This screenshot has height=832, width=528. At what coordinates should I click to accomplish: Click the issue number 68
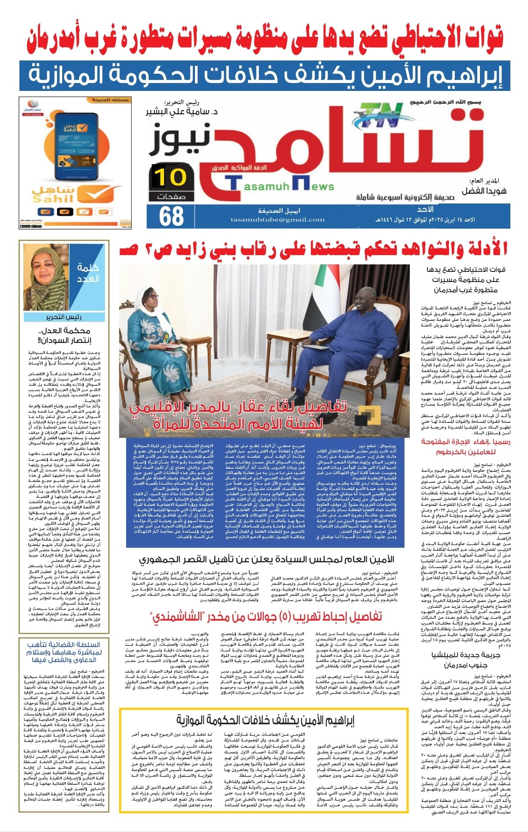click(171, 216)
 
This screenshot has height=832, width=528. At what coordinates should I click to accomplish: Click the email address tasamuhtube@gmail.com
click(277, 219)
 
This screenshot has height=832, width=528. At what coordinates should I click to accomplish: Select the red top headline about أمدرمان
click(265, 39)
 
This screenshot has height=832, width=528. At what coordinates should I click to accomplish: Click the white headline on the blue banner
click(265, 75)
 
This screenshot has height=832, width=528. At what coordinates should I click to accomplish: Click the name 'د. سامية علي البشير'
click(183, 112)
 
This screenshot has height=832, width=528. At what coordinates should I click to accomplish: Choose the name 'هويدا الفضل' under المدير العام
click(483, 192)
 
